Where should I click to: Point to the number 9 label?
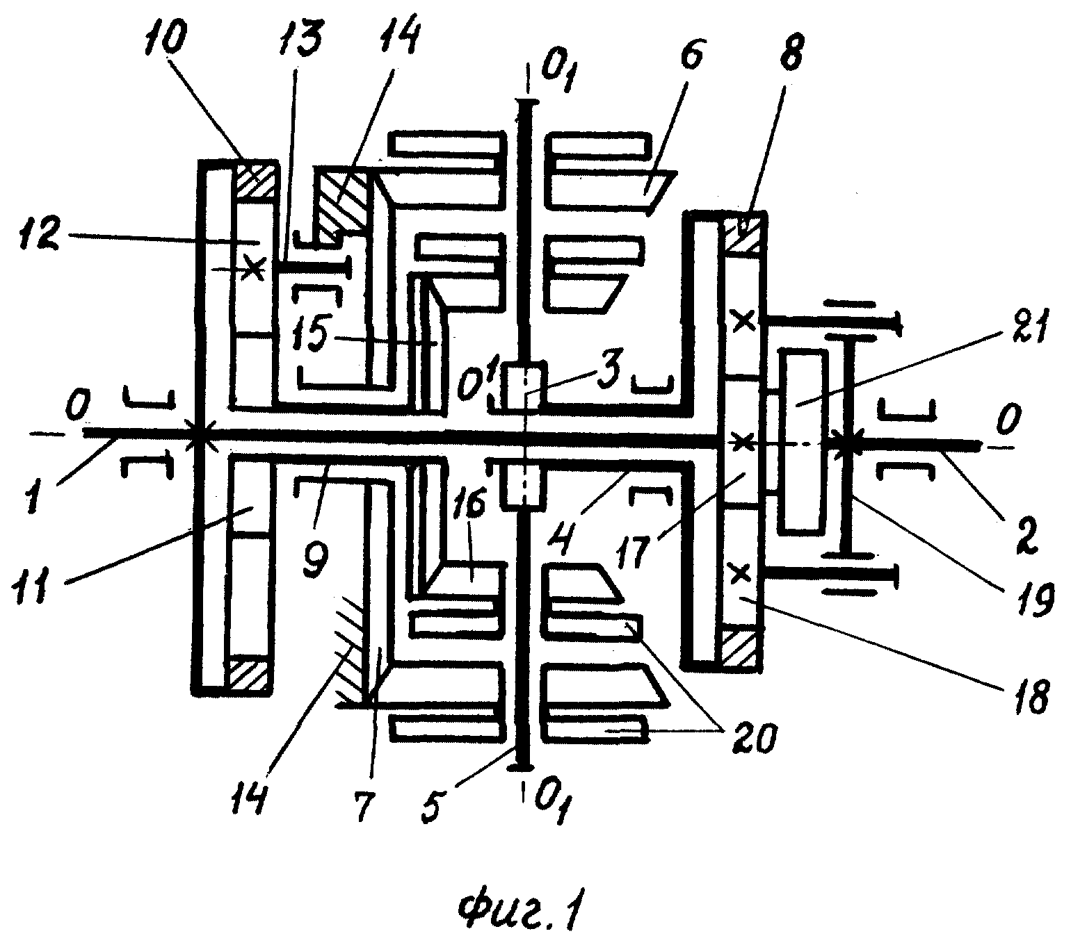point(316,557)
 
